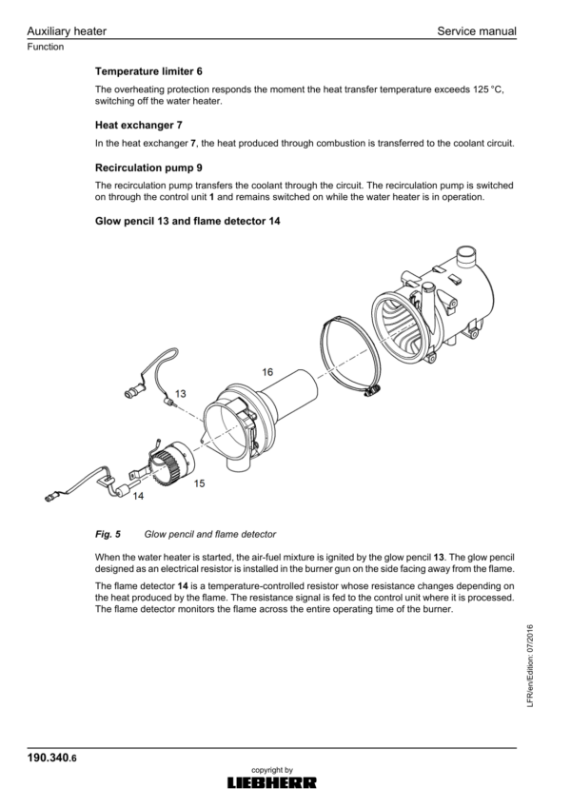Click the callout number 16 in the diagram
coord(267,372)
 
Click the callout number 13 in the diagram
coord(181,394)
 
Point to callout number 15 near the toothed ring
coord(199,483)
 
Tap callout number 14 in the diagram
coord(138,496)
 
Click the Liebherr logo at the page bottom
coord(272,783)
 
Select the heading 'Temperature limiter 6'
coord(148,71)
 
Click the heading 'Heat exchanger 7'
coord(139,125)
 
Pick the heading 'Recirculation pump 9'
coord(148,168)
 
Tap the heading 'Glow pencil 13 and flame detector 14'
coord(187,221)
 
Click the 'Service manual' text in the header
coord(477,30)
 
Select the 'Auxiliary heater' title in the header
coord(67,30)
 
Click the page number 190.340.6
coord(51,758)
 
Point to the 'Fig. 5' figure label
coord(108,534)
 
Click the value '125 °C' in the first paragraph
coord(488,89)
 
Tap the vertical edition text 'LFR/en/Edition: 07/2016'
coord(530,666)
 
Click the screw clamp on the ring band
coord(372,391)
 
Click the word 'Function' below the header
coord(46,47)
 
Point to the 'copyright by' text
coord(272,770)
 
